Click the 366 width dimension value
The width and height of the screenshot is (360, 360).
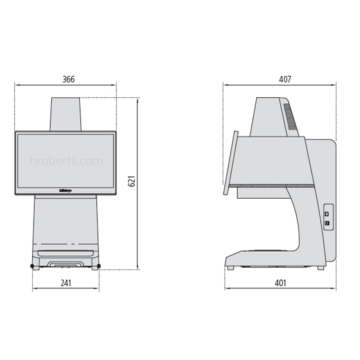[x=68, y=80]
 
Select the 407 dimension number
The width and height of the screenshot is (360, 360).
[x=285, y=80]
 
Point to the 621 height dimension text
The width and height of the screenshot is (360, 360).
[x=132, y=181]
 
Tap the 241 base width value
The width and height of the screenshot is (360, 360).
[x=66, y=283]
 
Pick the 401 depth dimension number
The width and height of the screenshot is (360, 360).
[x=280, y=283]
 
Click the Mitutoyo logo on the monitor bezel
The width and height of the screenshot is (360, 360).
[x=65, y=191]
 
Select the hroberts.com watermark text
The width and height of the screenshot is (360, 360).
[x=66, y=161]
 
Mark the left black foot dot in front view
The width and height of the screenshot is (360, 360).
[x=32, y=266]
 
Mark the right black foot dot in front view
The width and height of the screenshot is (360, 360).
[x=99, y=266]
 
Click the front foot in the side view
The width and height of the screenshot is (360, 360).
[x=230, y=268]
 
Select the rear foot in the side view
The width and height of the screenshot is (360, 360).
[x=320, y=268]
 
